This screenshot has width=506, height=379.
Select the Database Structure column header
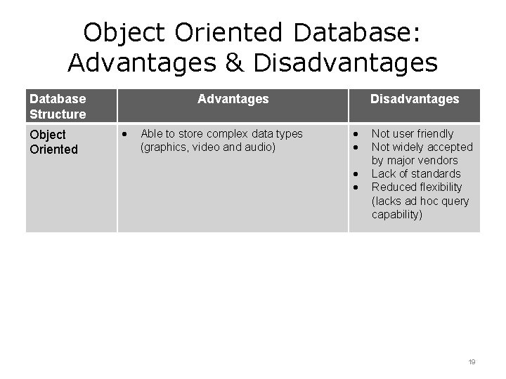(58, 106)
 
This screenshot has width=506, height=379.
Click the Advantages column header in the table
(233, 99)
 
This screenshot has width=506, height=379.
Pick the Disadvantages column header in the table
(415, 99)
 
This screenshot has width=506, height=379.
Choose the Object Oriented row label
(48, 141)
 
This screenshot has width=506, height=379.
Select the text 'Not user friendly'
(413, 133)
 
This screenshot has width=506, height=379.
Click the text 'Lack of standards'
(416, 173)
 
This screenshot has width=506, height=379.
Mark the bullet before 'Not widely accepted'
(356, 147)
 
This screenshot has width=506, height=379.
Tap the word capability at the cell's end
(397, 214)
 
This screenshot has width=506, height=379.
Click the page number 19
(472, 362)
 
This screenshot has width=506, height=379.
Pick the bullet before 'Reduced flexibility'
(356, 187)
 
